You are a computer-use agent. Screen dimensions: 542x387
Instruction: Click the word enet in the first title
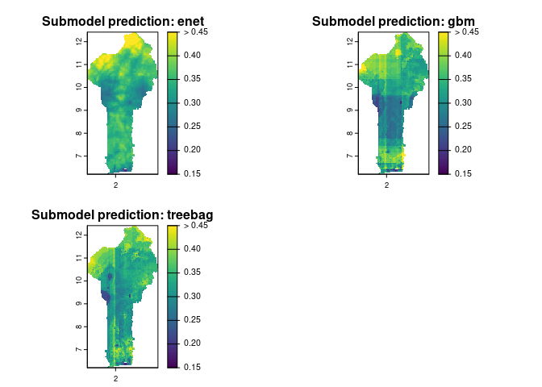(x=190, y=22)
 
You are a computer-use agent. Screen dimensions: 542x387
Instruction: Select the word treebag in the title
(x=190, y=215)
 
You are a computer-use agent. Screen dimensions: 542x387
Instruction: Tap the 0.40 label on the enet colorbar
(x=192, y=55)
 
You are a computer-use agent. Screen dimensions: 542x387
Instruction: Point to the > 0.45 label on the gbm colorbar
(x=466, y=31)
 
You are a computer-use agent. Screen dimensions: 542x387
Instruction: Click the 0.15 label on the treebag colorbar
(x=192, y=367)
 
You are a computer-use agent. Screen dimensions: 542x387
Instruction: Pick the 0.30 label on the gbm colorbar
(x=463, y=102)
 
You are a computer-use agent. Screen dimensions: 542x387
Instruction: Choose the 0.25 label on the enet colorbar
(x=192, y=126)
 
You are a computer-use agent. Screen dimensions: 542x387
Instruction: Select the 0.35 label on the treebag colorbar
(x=192, y=272)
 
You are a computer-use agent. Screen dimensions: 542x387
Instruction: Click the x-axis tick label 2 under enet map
(x=116, y=185)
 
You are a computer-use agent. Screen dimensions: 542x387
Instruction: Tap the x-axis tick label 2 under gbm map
(x=387, y=185)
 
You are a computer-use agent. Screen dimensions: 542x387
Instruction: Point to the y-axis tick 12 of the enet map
(x=79, y=41)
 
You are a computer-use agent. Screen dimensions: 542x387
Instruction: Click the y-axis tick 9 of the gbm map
(x=350, y=110)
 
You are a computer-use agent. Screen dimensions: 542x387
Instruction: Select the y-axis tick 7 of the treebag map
(x=79, y=350)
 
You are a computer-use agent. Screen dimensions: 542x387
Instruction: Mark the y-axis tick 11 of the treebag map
(x=79, y=258)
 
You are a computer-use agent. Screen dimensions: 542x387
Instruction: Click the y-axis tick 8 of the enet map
(x=79, y=133)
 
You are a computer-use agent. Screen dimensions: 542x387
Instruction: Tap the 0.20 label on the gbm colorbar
(x=463, y=150)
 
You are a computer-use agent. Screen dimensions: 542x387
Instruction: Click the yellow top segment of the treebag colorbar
(x=173, y=237)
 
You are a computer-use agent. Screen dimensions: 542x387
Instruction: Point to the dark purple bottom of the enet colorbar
(x=173, y=162)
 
